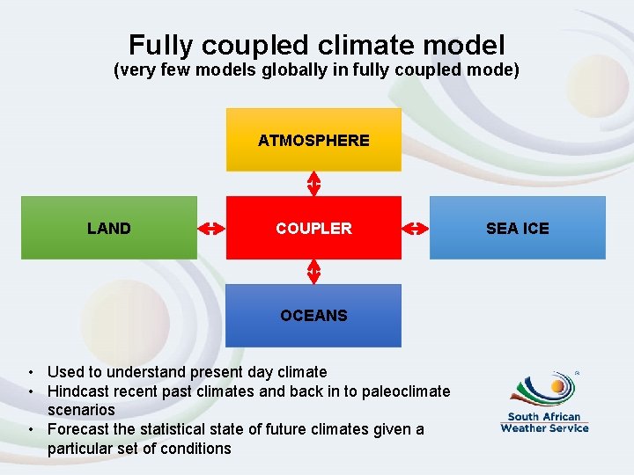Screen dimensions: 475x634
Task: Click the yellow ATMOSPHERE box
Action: coord(313,140)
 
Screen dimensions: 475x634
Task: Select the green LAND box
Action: coord(109,228)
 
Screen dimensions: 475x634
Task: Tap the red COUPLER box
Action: coord(313,228)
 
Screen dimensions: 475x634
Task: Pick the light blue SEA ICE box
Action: coord(518,228)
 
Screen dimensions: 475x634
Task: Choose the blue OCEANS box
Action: coord(313,315)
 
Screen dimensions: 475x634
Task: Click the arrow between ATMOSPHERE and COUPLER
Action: coord(313,184)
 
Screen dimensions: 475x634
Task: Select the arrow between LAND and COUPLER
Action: coord(211,228)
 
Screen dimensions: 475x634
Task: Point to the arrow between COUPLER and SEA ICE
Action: coord(415,228)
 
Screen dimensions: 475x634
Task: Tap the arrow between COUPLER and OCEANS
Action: coord(313,272)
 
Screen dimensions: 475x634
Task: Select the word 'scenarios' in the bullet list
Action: coord(81,410)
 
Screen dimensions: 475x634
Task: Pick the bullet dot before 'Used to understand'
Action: coord(31,372)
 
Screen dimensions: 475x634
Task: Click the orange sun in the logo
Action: coord(557,385)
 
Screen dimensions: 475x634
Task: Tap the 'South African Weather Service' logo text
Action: coord(544,422)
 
